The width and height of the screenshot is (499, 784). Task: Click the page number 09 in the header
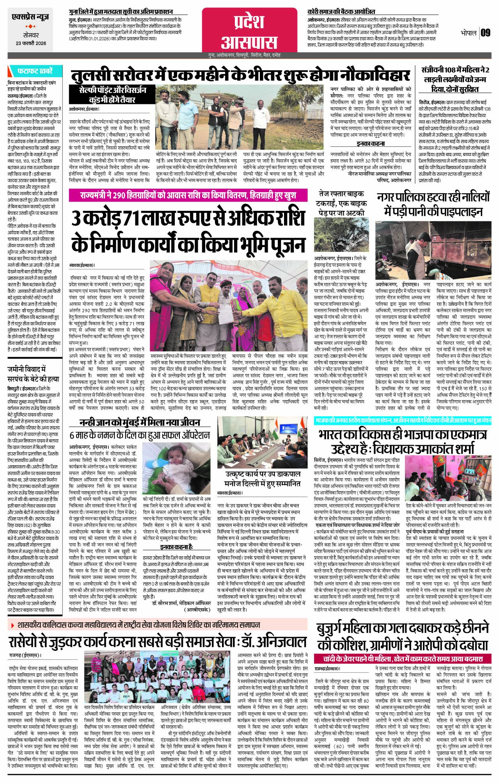[x=485, y=33]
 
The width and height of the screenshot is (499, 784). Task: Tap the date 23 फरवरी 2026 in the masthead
[x=31, y=43]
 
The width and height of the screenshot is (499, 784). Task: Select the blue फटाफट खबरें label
[x=34, y=71]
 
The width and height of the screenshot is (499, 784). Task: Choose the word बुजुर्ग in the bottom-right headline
[x=339, y=628]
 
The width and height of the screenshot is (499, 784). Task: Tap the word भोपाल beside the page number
[x=468, y=33]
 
